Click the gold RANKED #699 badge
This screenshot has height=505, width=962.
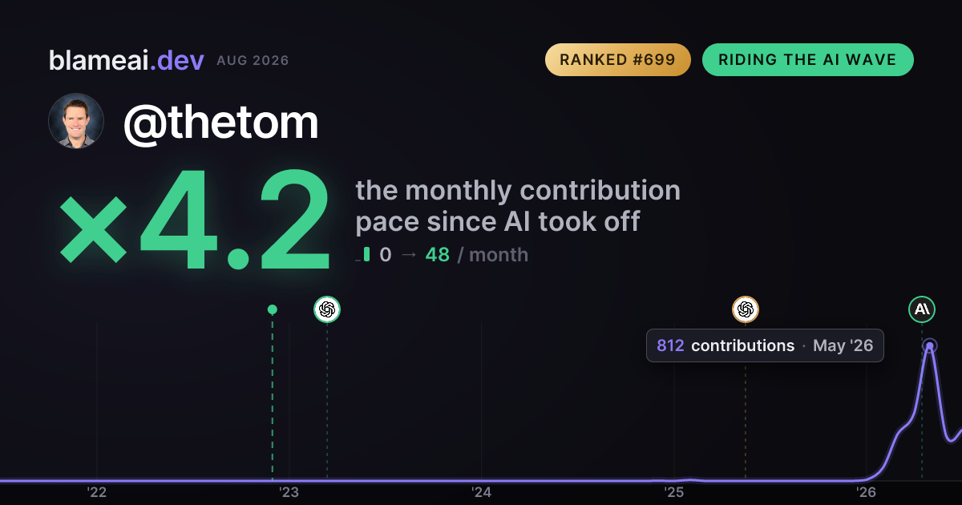click(617, 59)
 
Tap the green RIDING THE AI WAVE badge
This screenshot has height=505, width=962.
click(808, 59)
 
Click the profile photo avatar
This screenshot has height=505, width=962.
click(76, 121)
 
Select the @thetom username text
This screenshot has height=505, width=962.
click(220, 123)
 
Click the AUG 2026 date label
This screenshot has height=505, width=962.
click(253, 61)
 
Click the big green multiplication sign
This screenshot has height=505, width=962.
click(93, 229)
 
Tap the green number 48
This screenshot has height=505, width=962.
click(437, 255)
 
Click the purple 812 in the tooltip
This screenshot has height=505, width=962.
click(670, 345)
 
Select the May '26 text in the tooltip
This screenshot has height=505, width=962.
click(843, 345)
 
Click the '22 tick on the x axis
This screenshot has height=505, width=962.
click(97, 492)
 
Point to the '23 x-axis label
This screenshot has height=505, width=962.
click(289, 492)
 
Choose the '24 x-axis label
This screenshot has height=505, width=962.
click(481, 492)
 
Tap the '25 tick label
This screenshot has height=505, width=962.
click(673, 492)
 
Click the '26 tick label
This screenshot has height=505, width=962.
click(866, 492)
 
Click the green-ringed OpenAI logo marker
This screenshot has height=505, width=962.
click(327, 309)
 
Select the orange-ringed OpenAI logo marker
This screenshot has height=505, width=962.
click(745, 309)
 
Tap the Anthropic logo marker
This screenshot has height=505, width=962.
click(922, 309)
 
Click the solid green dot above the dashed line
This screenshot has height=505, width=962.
click(273, 309)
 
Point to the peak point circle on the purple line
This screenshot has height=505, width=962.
click(929, 345)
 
